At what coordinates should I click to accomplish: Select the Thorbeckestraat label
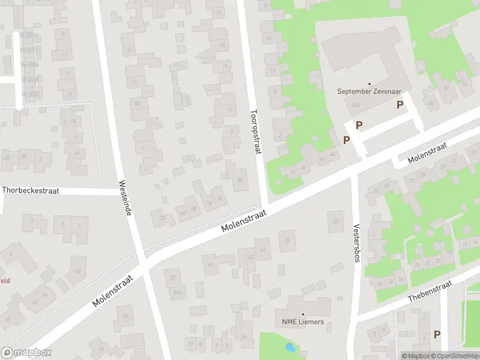point(31,190)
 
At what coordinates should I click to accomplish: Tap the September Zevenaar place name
point(369,92)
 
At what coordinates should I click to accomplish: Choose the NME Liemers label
point(303,322)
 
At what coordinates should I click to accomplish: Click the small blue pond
point(291,347)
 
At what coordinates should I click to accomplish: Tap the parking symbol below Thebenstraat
point(437,334)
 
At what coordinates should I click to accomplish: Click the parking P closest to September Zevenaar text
point(400,105)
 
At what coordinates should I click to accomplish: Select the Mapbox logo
point(26,353)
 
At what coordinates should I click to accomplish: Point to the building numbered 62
point(77,270)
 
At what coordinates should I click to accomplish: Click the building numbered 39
point(288,241)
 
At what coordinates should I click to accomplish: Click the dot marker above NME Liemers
point(303,314)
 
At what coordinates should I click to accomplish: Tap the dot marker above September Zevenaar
point(369,83)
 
